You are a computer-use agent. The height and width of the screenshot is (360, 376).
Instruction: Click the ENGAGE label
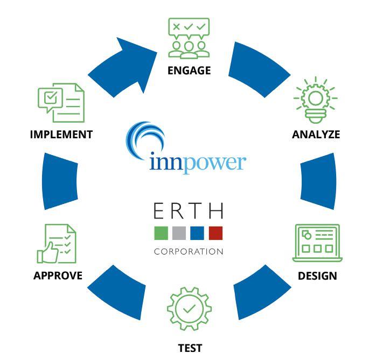coord(189,70)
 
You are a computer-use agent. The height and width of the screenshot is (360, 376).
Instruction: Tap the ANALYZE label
coord(316,135)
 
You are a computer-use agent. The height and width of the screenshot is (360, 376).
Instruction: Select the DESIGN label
coord(317,276)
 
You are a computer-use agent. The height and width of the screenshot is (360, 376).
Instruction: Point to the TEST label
coord(190,348)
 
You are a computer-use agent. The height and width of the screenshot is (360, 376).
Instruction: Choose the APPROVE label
coord(58,276)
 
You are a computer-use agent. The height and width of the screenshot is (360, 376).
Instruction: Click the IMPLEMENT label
coord(61,135)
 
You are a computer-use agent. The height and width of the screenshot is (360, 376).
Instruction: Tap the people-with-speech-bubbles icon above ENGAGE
coord(189,38)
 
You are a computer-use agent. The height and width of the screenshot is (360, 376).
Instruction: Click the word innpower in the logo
coord(197,163)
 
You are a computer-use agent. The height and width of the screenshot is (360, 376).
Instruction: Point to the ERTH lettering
coord(188,211)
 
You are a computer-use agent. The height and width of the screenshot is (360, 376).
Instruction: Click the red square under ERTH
coord(215,233)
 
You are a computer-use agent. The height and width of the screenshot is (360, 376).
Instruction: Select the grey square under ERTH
coord(179,233)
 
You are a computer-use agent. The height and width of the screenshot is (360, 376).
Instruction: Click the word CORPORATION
coord(188,251)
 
